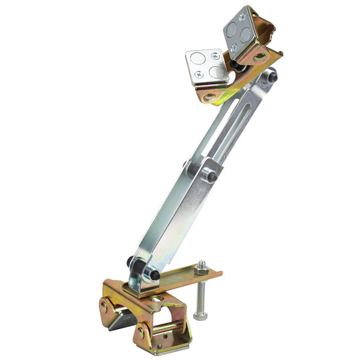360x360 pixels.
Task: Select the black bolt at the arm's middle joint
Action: pos(211,177)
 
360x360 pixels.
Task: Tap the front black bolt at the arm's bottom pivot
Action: pos(154,275)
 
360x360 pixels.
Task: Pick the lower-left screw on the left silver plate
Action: pos(196,78)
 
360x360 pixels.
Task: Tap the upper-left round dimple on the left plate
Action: pos(197,59)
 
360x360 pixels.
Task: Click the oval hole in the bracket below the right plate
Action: pos(260,58)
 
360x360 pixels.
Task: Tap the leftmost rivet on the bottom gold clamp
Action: pos(104,306)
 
